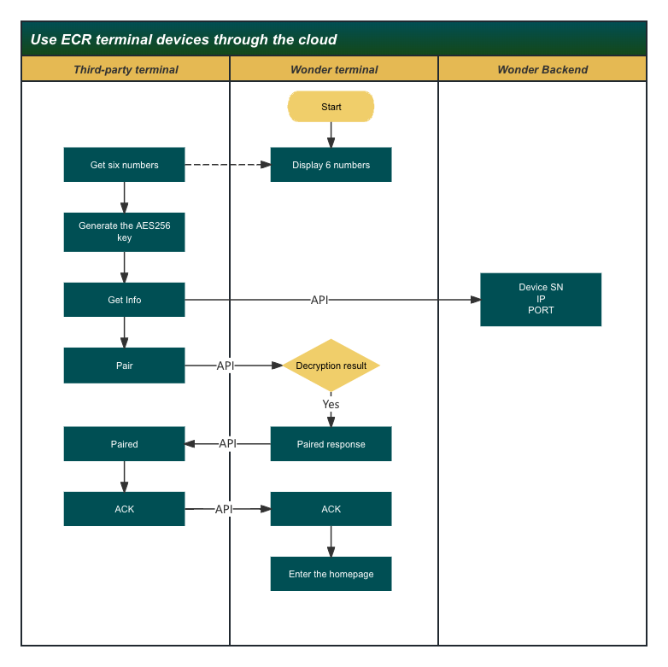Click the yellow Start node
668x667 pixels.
click(x=331, y=107)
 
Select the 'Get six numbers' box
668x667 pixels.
click(x=124, y=165)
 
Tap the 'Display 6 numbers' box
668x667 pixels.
click(x=331, y=165)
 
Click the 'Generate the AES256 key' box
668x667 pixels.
click(x=124, y=232)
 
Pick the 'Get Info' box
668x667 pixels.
click(x=124, y=300)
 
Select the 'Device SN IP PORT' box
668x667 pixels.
click(x=541, y=300)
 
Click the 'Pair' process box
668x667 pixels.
click(x=124, y=366)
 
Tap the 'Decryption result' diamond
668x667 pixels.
click(x=331, y=366)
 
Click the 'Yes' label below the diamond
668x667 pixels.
click(x=331, y=404)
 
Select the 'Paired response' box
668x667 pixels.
click(x=331, y=444)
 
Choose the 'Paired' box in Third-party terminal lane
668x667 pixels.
click(x=124, y=444)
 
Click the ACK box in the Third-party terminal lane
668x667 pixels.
click(x=124, y=509)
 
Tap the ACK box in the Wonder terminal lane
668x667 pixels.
click(x=331, y=509)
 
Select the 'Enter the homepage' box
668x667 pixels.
click(x=331, y=574)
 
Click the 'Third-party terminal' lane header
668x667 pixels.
click(x=126, y=69)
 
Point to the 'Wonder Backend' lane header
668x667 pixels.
click(x=542, y=69)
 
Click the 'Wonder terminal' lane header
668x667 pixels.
click(x=334, y=69)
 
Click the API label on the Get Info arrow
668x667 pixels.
click(x=319, y=300)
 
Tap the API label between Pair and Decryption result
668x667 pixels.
click(x=226, y=366)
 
